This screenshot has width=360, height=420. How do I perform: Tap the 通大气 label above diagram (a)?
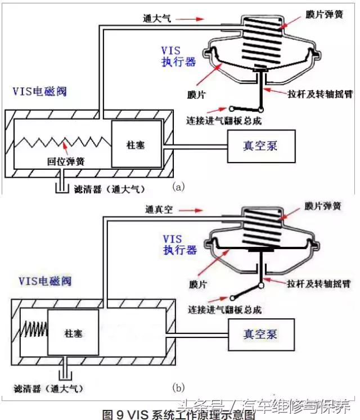pyautogui.click(x=157, y=19)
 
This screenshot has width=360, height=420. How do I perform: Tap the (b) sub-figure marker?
pyautogui.click(x=179, y=387)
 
